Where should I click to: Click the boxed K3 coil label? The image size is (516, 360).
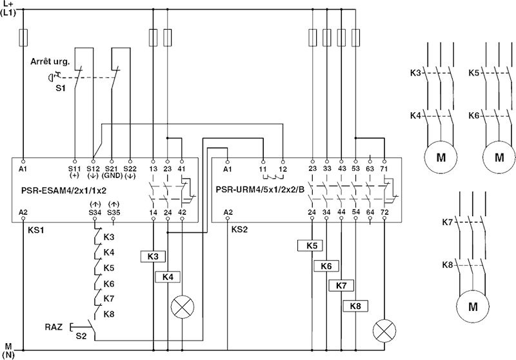[x=153, y=256]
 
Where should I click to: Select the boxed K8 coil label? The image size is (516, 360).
[x=355, y=306]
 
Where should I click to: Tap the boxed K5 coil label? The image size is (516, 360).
[x=312, y=245]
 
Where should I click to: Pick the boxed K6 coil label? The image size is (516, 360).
[x=326, y=266]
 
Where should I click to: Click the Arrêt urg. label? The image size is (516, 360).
[x=51, y=62]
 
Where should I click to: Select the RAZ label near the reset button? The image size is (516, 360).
[x=55, y=327]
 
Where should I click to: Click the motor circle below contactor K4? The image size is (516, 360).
[x=441, y=157]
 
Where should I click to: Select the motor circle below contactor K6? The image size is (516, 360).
[x=499, y=157]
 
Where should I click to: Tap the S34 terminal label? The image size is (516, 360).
[x=95, y=212]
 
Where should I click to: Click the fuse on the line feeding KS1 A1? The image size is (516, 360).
[x=23, y=36]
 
